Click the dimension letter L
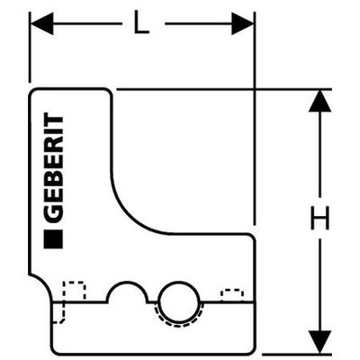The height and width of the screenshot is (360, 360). point(141,23)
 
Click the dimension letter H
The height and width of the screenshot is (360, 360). point(319,218)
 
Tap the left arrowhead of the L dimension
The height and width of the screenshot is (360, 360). point(42,23)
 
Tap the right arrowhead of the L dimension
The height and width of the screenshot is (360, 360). point(242,23)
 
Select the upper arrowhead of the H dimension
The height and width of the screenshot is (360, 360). point(319,101)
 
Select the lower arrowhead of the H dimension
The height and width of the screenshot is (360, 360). point(319,342)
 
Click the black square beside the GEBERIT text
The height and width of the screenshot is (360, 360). point(53,239)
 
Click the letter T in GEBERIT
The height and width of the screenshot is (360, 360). point(53,121)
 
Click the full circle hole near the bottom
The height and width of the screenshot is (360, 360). point(179,301)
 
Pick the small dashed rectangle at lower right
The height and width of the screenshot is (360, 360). point(232,295)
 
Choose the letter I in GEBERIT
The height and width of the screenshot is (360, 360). point(53,132)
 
